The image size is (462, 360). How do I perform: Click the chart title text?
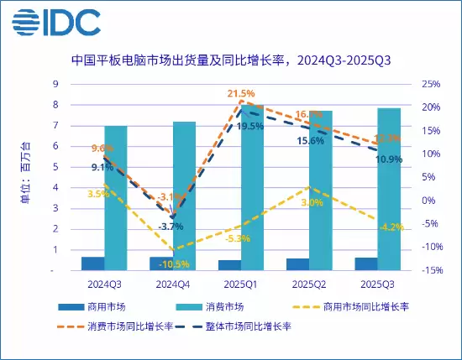[231, 60]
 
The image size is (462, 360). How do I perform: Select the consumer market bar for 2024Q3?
[116, 198]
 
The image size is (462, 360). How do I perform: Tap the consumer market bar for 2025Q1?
[253, 188]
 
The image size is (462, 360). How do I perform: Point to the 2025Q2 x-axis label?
[309, 284]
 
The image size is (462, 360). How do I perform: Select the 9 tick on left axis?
[78, 84]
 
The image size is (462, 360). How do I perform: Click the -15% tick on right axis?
[432, 270]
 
